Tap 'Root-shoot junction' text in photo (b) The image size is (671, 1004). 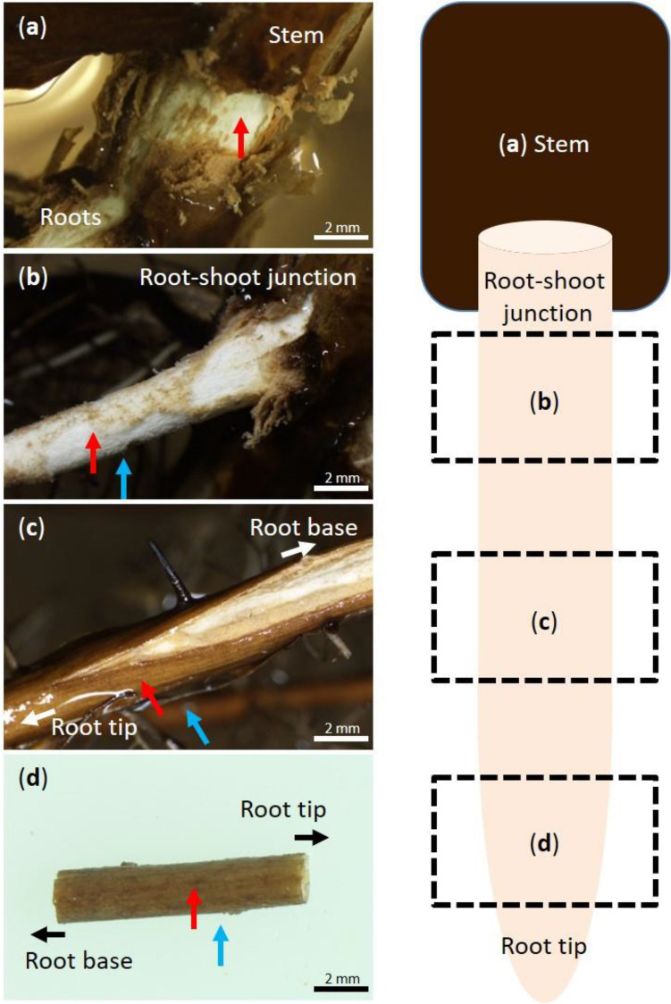(x=247, y=277)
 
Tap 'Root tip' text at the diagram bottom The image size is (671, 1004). (x=544, y=946)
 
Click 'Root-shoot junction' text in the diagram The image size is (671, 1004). (x=544, y=297)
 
